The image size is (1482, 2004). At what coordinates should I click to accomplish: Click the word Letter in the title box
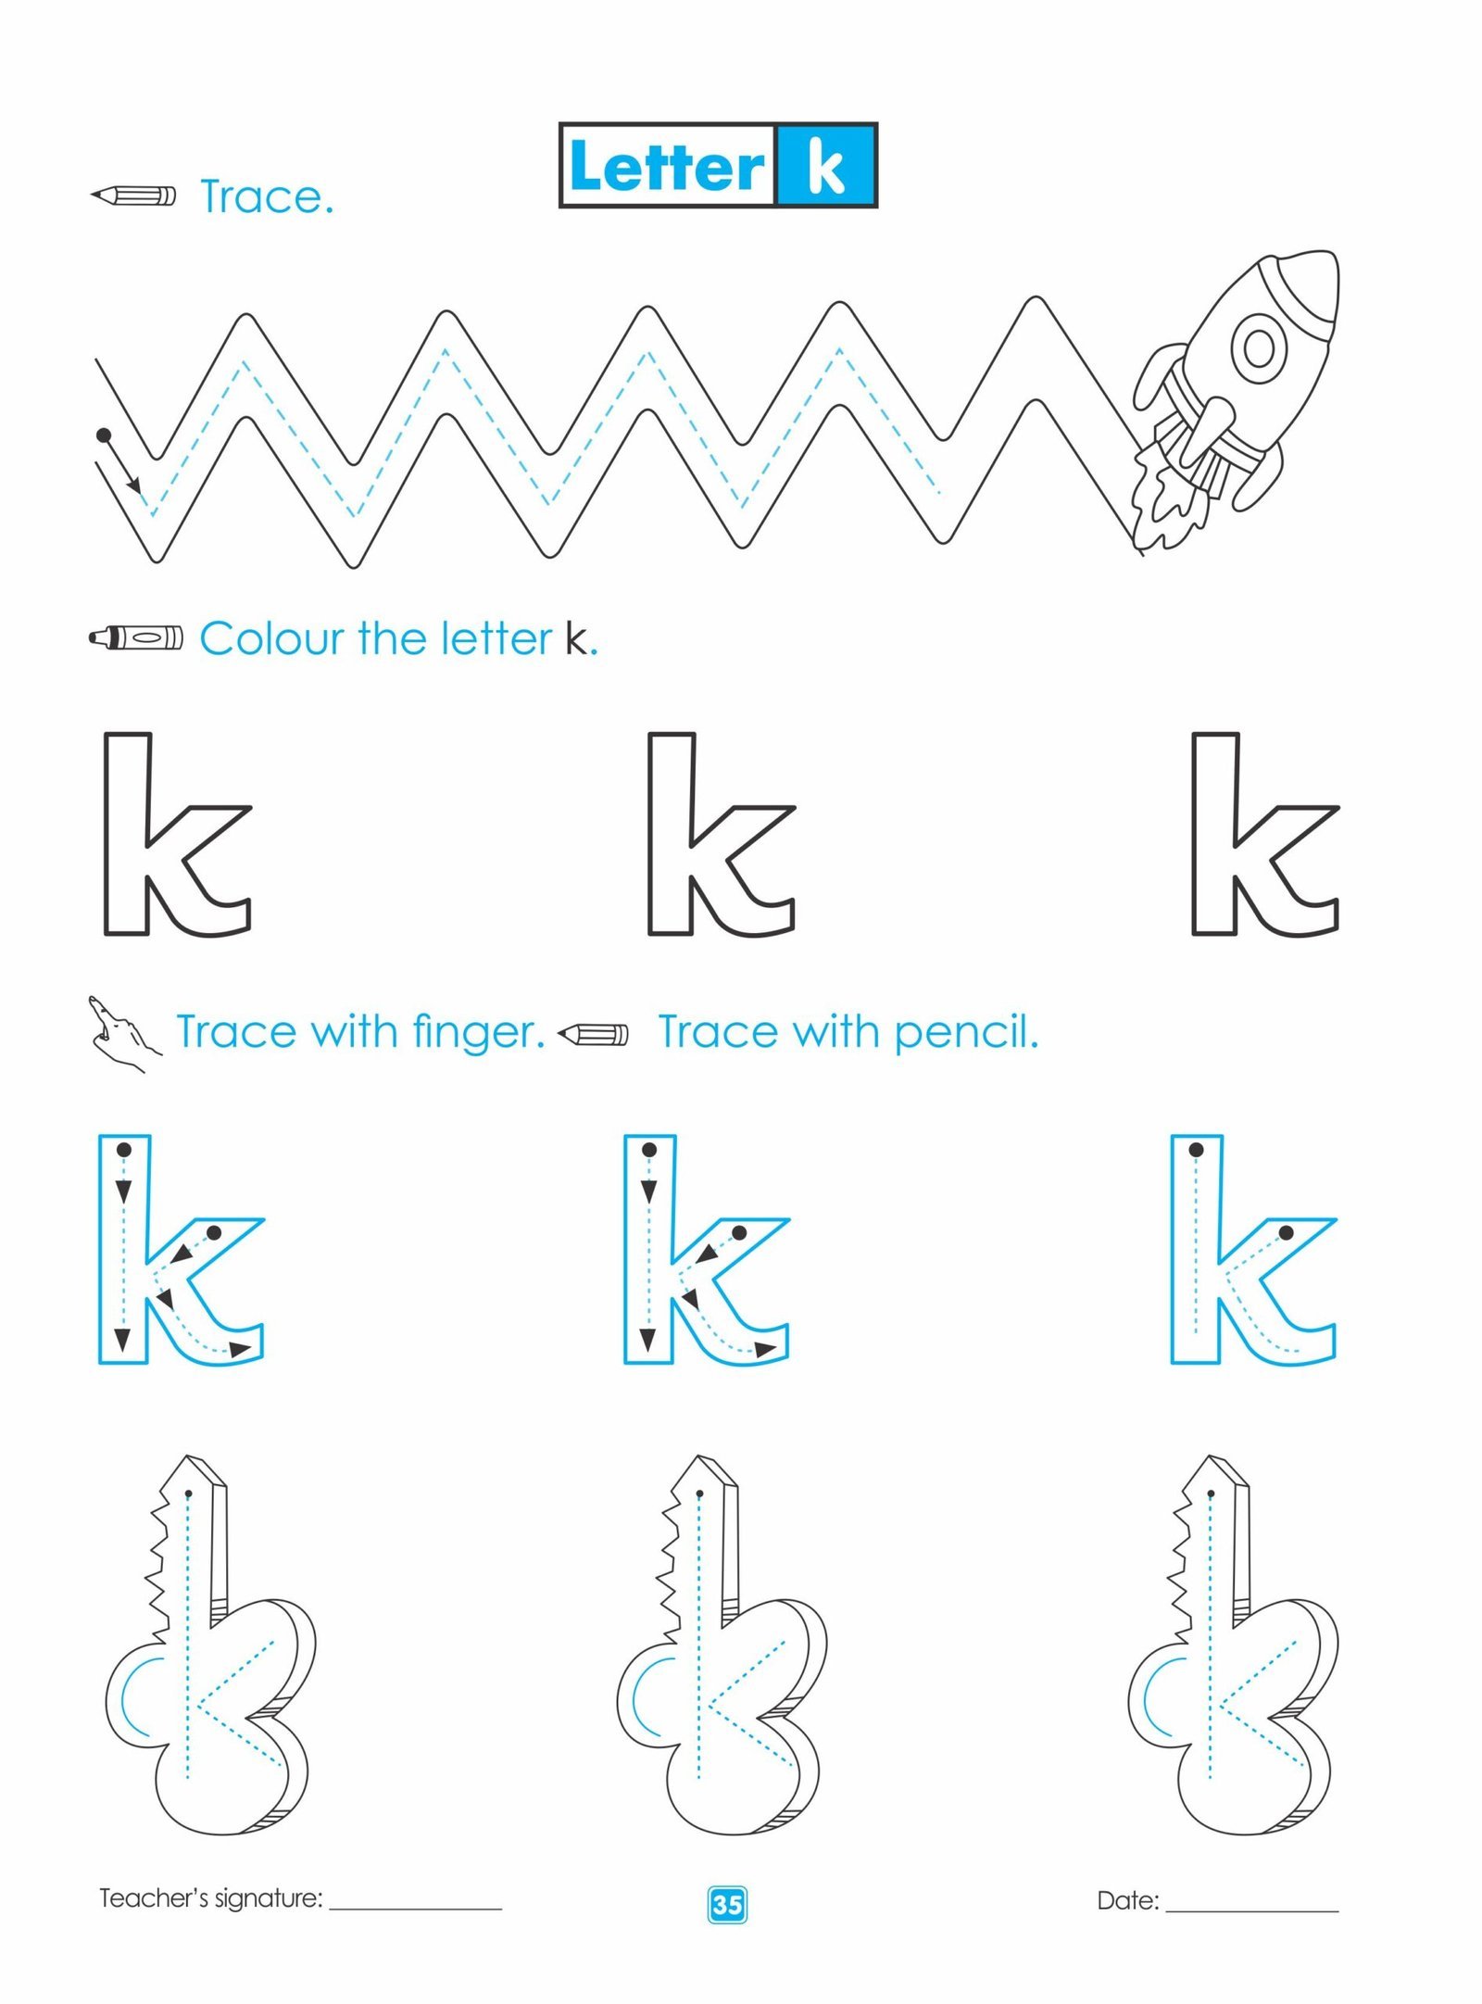pyautogui.click(x=667, y=167)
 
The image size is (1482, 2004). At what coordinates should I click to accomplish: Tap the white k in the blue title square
pyautogui.click(x=825, y=167)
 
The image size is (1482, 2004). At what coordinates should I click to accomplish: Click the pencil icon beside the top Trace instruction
pyautogui.click(x=132, y=195)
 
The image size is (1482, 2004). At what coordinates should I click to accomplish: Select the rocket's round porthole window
pyautogui.click(x=1259, y=347)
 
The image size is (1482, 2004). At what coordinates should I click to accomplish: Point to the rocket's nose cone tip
pyautogui.click(x=1332, y=255)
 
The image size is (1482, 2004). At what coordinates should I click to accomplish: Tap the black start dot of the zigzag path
pyautogui.click(x=104, y=435)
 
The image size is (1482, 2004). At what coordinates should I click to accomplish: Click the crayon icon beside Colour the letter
pyautogui.click(x=136, y=637)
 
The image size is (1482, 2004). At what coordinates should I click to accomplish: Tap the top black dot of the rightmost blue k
pyautogui.click(x=1196, y=1150)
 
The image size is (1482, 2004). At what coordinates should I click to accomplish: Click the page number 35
pyautogui.click(x=727, y=1905)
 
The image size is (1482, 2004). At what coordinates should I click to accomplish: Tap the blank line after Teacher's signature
pyautogui.click(x=416, y=1909)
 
